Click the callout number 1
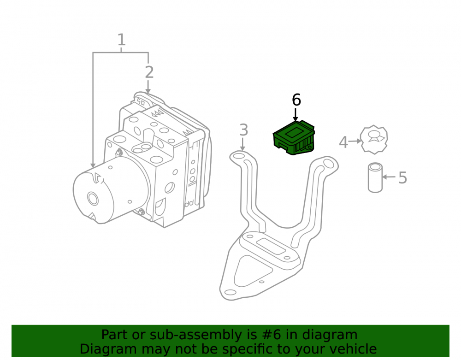[x=121, y=40]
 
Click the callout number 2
[x=149, y=72]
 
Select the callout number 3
[x=244, y=130]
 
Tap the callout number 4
[x=343, y=142]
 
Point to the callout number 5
[x=403, y=177]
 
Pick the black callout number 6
[x=296, y=100]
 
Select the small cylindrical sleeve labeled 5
[x=375, y=177]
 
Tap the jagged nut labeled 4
[x=374, y=140]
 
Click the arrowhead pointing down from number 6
[x=296, y=118]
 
